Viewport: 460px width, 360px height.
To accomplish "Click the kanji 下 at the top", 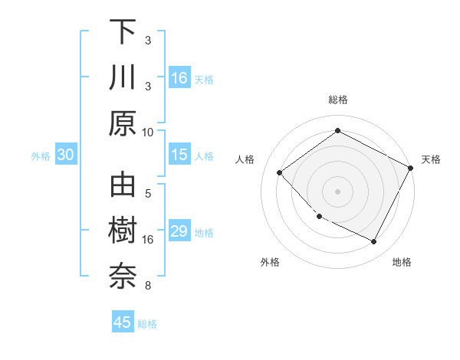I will pyautogui.click(x=123, y=31).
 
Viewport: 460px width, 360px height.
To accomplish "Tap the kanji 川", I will pyautogui.click(x=123, y=78).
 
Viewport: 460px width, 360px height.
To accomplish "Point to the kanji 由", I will pyautogui.click(x=123, y=186).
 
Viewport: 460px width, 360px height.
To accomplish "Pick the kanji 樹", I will pyautogui.click(x=123, y=231).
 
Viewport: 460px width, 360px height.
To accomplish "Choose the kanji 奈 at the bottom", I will pyautogui.click(x=123, y=277).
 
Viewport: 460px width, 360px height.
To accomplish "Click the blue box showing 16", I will pyautogui.click(x=179, y=78).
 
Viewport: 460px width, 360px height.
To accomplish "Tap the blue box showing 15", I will pyautogui.click(x=179, y=155).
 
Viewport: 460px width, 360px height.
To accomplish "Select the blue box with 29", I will pyautogui.click(x=179, y=231).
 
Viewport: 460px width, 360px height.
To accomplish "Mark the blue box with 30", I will pyautogui.click(x=66, y=155).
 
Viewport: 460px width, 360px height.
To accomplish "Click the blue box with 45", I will pyautogui.click(x=123, y=322).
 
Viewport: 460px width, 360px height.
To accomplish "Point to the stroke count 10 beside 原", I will pyautogui.click(x=148, y=132).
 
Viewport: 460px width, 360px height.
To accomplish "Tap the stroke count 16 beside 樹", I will pyautogui.click(x=148, y=240).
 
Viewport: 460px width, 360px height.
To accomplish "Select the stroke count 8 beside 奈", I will pyautogui.click(x=148, y=286).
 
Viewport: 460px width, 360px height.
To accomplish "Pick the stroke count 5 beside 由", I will pyautogui.click(x=148, y=194).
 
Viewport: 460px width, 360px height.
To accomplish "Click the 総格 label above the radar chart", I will pyautogui.click(x=338, y=100).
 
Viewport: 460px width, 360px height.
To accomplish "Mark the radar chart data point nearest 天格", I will pyautogui.click(x=411, y=169).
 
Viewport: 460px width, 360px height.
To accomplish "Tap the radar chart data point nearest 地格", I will pyautogui.click(x=374, y=242).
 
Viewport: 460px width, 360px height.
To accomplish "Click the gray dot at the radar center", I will pyautogui.click(x=338, y=191).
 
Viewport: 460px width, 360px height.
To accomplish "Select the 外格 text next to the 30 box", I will pyautogui.click(x=41, y=156).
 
